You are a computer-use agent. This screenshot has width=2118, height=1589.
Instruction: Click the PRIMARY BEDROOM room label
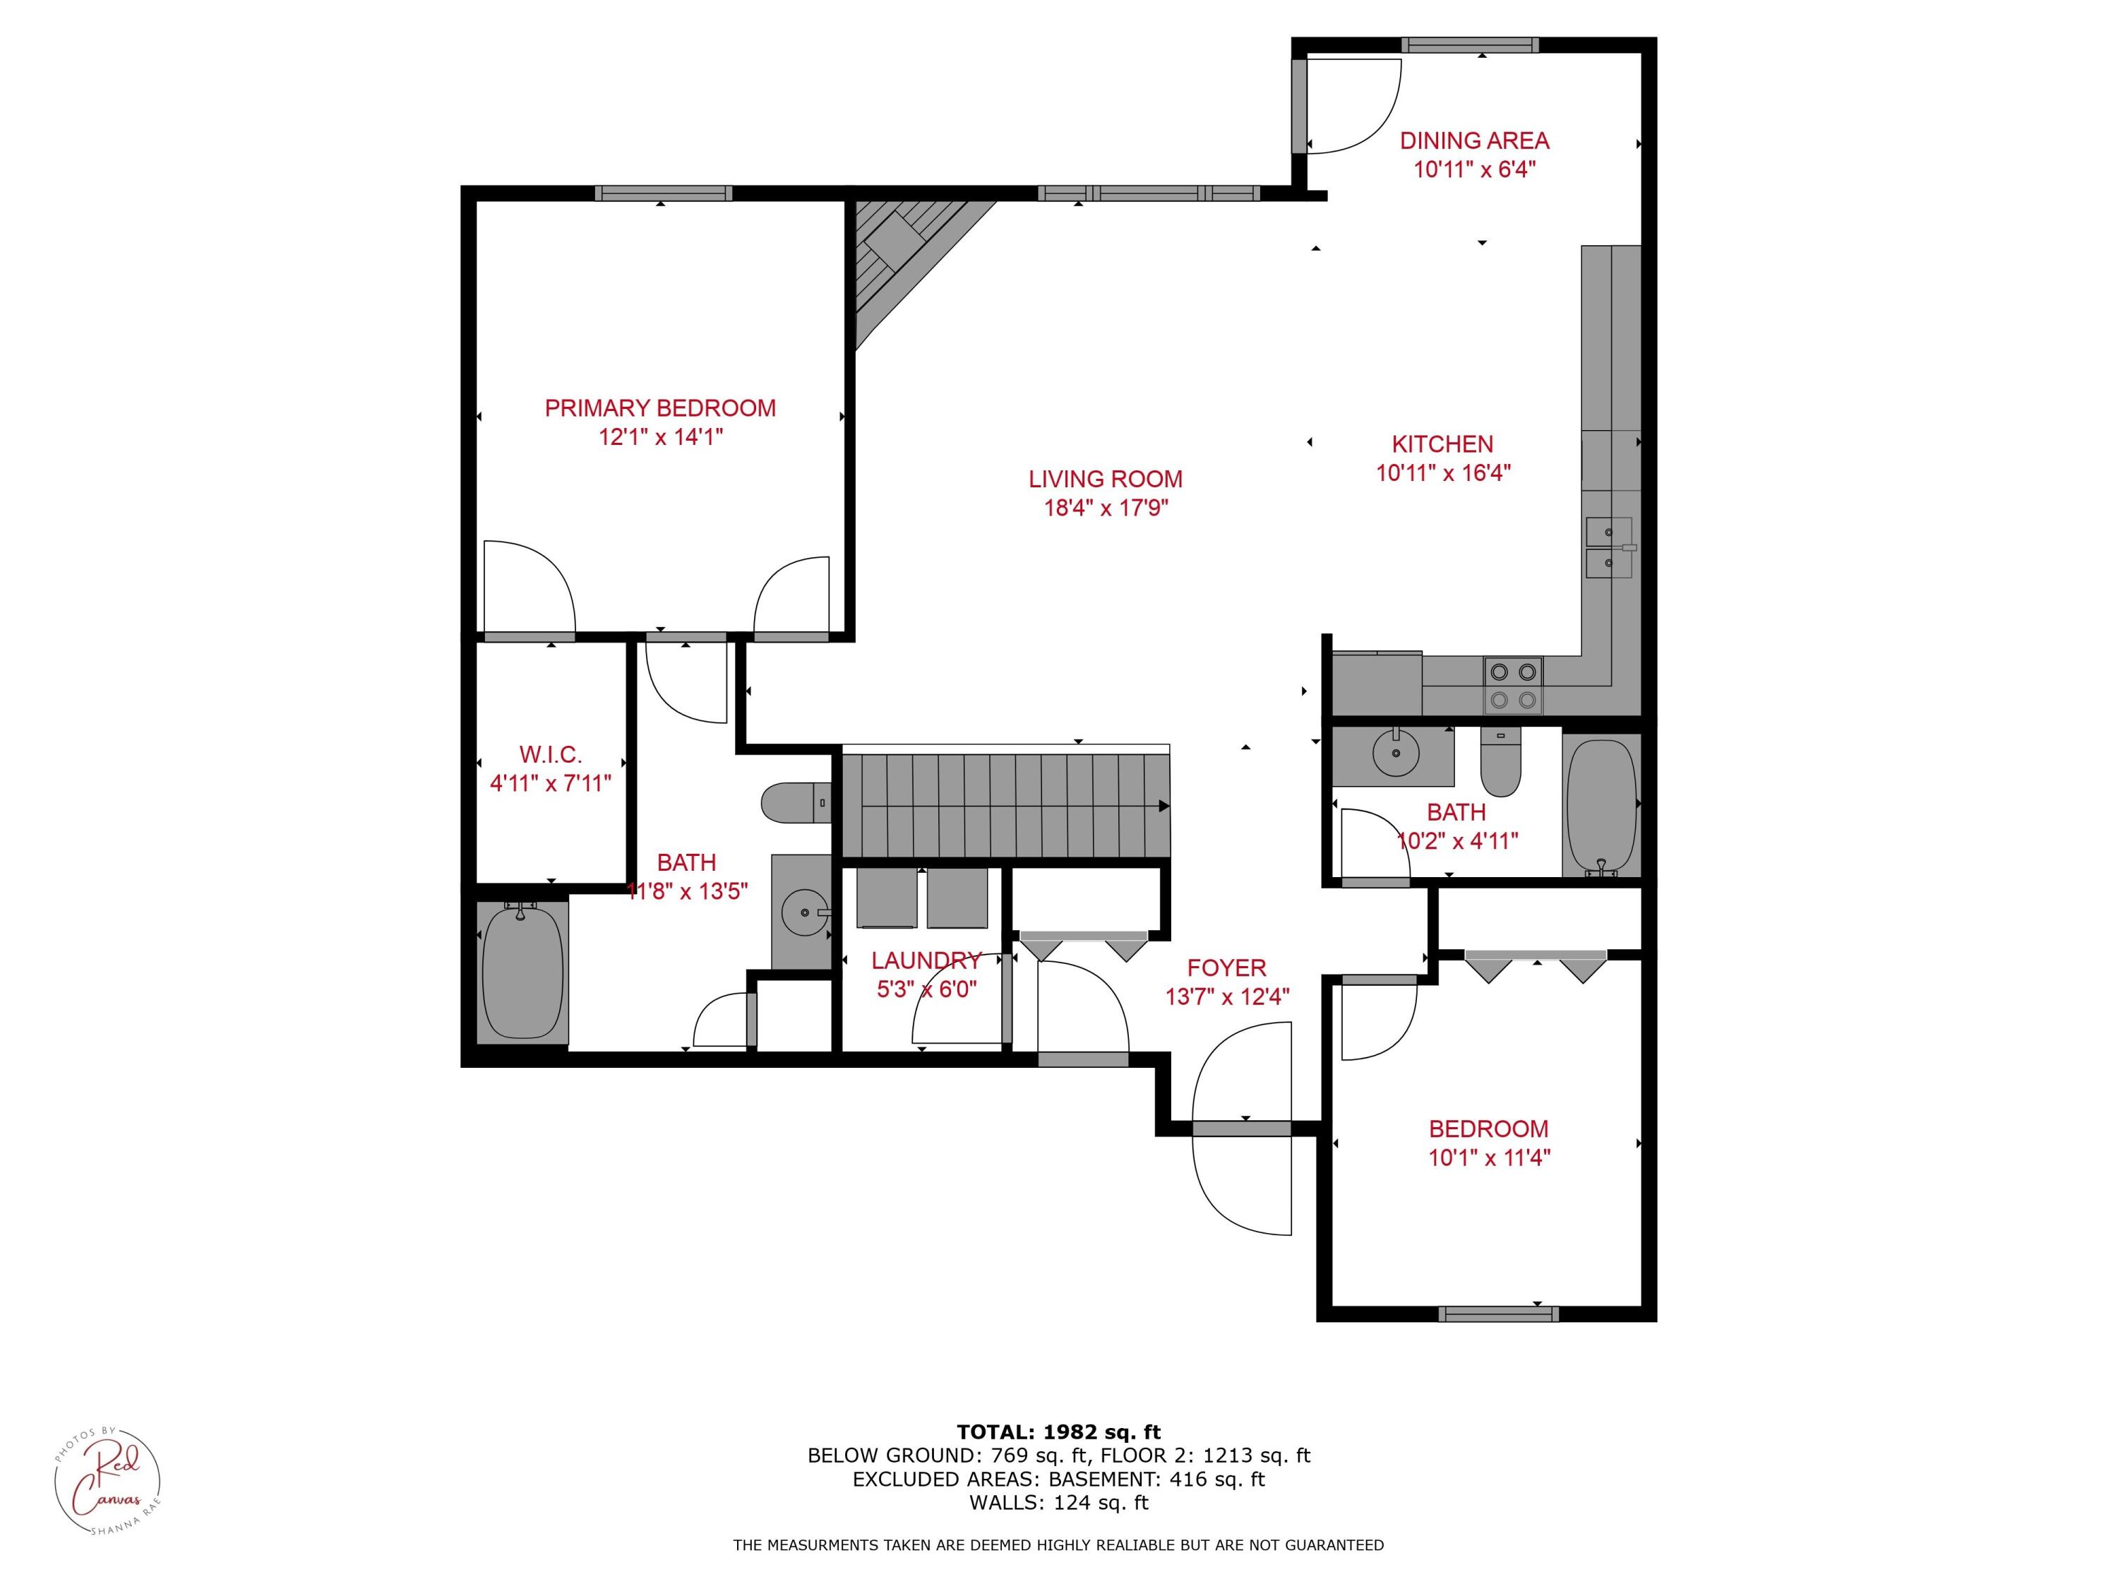pos(659,408)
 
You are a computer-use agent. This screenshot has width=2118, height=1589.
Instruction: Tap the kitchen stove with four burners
pos(1513,686)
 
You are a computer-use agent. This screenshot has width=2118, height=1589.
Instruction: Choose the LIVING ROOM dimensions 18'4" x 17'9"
pos(1106,508)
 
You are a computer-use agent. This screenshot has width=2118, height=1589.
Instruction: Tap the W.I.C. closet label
pos(551,755)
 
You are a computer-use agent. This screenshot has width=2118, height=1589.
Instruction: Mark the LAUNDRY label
pos(926,960)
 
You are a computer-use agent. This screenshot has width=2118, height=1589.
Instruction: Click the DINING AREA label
pos(1473,141)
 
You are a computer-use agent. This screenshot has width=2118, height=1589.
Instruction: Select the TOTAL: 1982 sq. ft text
pos(1058,1432)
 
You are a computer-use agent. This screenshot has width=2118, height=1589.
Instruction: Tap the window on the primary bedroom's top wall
pos(663,194)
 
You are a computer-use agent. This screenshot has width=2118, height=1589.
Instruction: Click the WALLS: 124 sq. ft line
pos(1058,1503)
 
